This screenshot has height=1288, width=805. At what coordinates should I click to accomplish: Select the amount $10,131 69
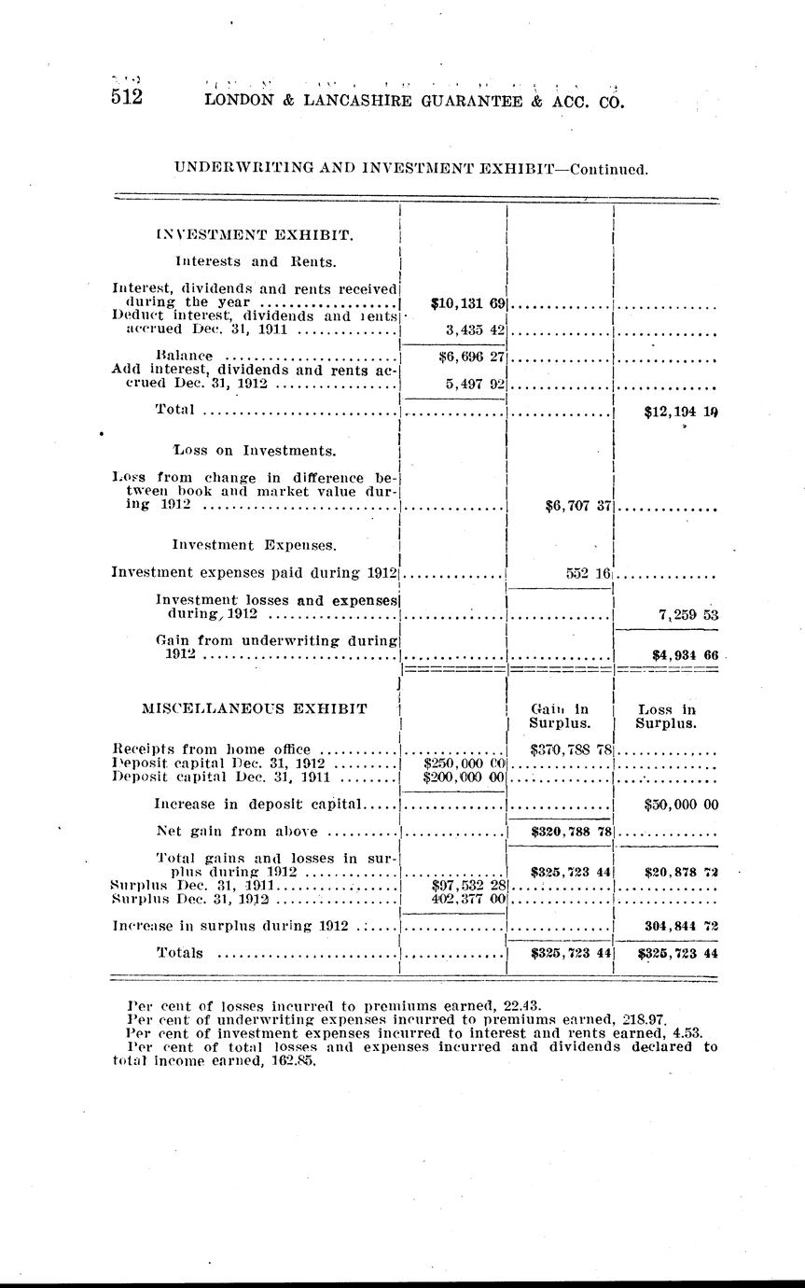tap(469, 303)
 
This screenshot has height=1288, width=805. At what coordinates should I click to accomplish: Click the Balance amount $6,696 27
tap(471, 356)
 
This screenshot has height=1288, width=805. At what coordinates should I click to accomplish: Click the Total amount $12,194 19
tap(681, 410)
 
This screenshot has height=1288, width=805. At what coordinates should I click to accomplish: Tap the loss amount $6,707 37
tap(577, 506)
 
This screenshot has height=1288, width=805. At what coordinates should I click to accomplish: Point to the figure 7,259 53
tap(687, 616)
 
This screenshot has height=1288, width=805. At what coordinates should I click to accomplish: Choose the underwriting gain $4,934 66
tap(685, 655)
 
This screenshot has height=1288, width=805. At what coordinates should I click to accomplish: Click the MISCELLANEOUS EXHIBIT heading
tap(254, 708)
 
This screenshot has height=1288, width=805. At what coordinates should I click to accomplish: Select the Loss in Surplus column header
tap(666, 716)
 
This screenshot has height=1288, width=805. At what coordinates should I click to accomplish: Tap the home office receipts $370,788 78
tap(570, 749)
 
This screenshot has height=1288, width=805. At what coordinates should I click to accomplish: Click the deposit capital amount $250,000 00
tap(464, 763)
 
